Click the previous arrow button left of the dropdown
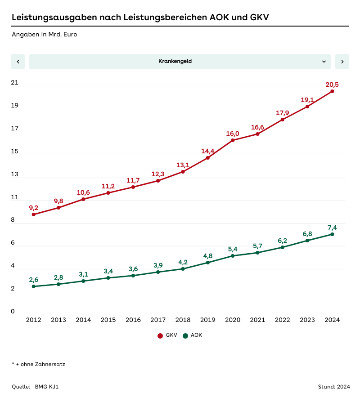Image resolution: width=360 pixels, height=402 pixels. [x=18, y=62]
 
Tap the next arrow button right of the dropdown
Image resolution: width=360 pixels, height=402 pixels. [x=342, y=62]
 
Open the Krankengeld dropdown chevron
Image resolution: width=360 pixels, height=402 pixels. [x=324, y=62]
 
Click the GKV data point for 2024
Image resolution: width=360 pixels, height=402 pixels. [x=332, y=91]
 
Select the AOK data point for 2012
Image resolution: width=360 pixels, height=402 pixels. [x=34, y=286]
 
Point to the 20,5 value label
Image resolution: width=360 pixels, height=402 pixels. [x=332, y=85]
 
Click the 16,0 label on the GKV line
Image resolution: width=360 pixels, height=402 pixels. [x=233, y=134]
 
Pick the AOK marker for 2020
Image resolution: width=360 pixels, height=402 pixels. [x=233, y=256]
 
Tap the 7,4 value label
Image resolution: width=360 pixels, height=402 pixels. [x=332, y=228]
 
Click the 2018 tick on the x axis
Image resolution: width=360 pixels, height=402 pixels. [x=183, y=320]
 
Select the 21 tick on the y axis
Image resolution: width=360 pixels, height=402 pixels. [x=15, y=83]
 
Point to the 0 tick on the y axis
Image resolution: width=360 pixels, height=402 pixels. [x=13, y=312]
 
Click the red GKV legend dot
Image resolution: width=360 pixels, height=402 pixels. [x=160, y=335]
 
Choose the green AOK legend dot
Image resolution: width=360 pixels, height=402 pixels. [x=185, y=335]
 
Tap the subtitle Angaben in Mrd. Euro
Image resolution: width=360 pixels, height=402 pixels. [x=44, y=34]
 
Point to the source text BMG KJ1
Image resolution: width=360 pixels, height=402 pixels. [x=47, y=387]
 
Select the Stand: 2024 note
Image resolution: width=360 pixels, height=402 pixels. [x=333, y=387]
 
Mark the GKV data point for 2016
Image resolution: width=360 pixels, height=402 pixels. [x=133, y=187]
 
